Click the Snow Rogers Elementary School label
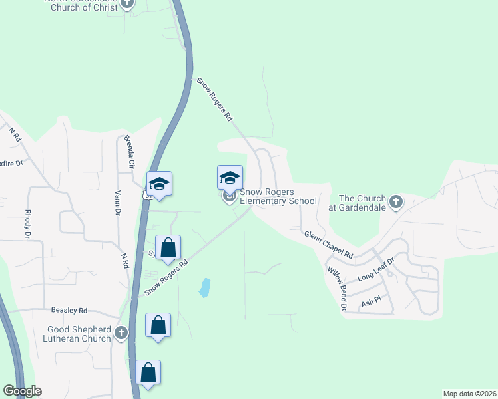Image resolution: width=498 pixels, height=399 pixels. point(278,196)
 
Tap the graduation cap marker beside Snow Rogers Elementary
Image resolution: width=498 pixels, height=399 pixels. point(230,178)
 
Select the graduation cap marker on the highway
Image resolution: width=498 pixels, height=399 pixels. point(160,184)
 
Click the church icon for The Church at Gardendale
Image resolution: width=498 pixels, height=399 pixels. point(396,201)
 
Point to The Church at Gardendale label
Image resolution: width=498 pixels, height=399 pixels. point(362,203)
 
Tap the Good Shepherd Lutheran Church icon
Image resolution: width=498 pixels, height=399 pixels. point(121,332)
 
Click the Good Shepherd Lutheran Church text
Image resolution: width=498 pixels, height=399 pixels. point(79,334)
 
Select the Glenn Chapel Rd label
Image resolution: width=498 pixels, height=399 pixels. point(328,245)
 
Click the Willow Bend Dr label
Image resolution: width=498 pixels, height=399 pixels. point(336,289)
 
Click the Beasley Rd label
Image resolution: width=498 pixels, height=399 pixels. point(69,311)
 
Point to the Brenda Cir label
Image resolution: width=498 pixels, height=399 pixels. point(129,152)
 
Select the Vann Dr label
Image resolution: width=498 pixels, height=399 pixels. point(117,202)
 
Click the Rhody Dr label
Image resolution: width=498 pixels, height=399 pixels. point(28,224)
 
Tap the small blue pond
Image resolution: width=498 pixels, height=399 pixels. point(205,287)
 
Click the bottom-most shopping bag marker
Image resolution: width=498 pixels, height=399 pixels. point(148,373)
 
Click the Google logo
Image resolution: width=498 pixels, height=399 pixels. point(22,391)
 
